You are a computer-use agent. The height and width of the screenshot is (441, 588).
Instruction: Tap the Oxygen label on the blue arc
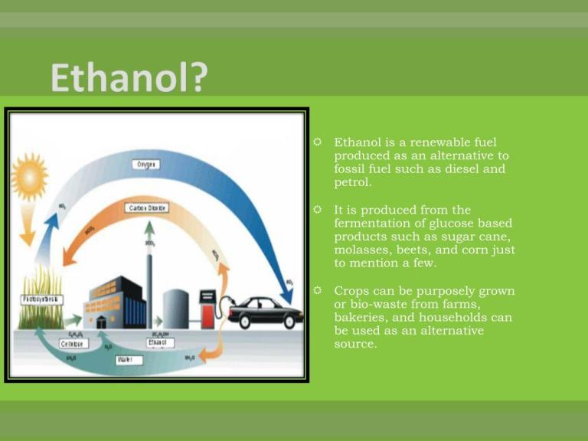point(145,164)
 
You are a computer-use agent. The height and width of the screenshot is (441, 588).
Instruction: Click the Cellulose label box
point(74,344)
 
